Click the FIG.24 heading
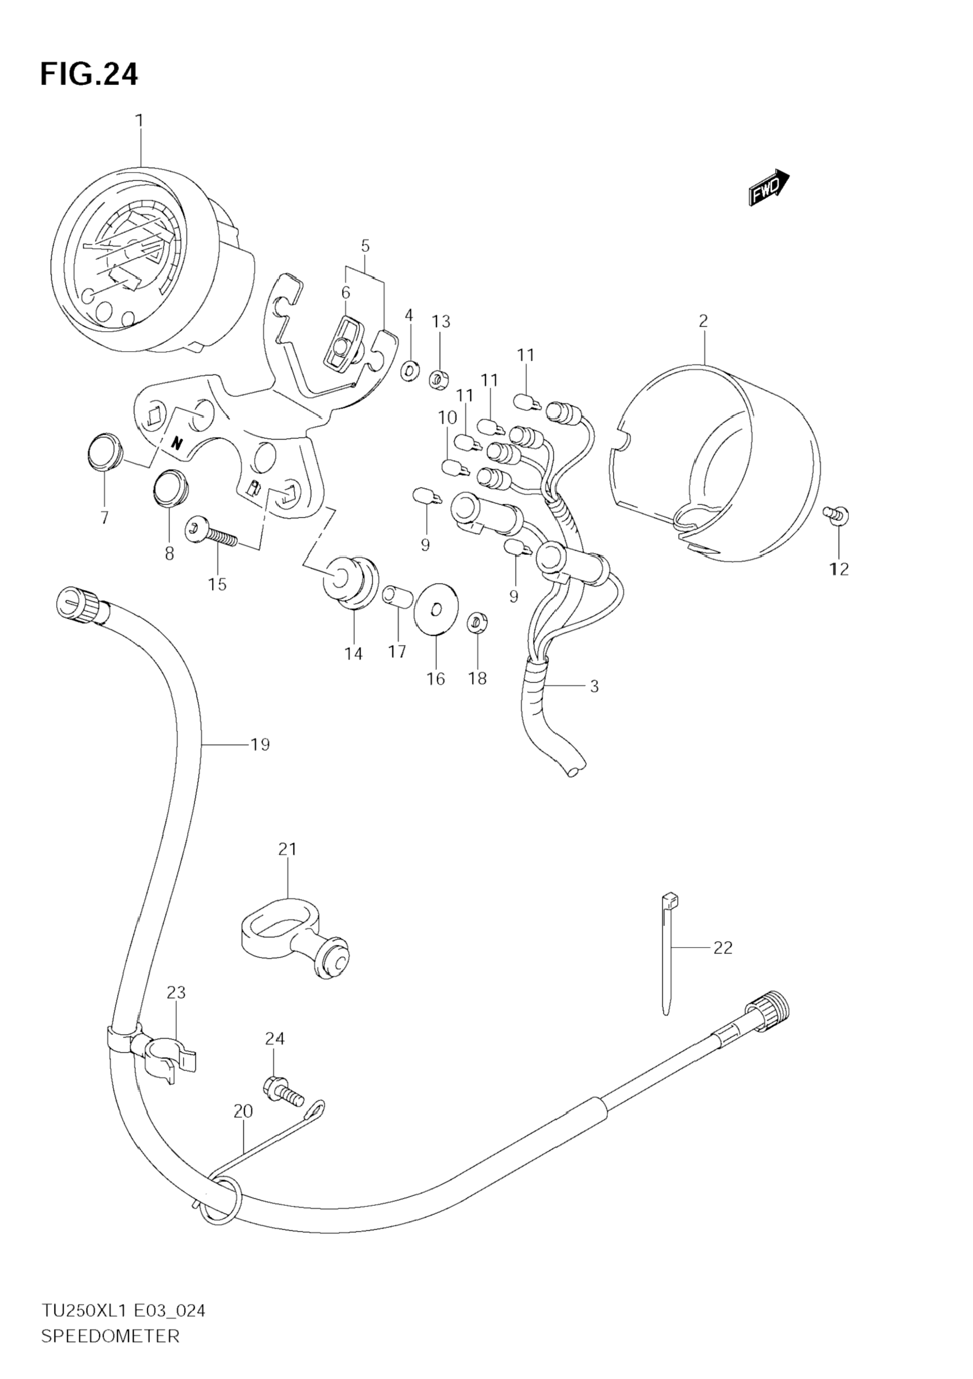[89, 74]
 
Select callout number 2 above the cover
[703, 321]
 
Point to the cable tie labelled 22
[668, 960]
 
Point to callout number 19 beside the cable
[259, 745]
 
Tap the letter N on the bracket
[176, 444]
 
